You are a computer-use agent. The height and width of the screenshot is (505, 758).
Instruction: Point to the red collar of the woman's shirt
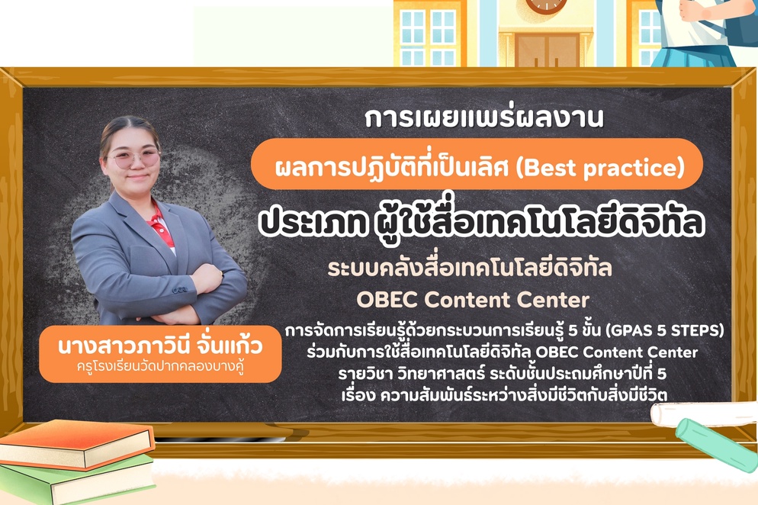tap(161, 221)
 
